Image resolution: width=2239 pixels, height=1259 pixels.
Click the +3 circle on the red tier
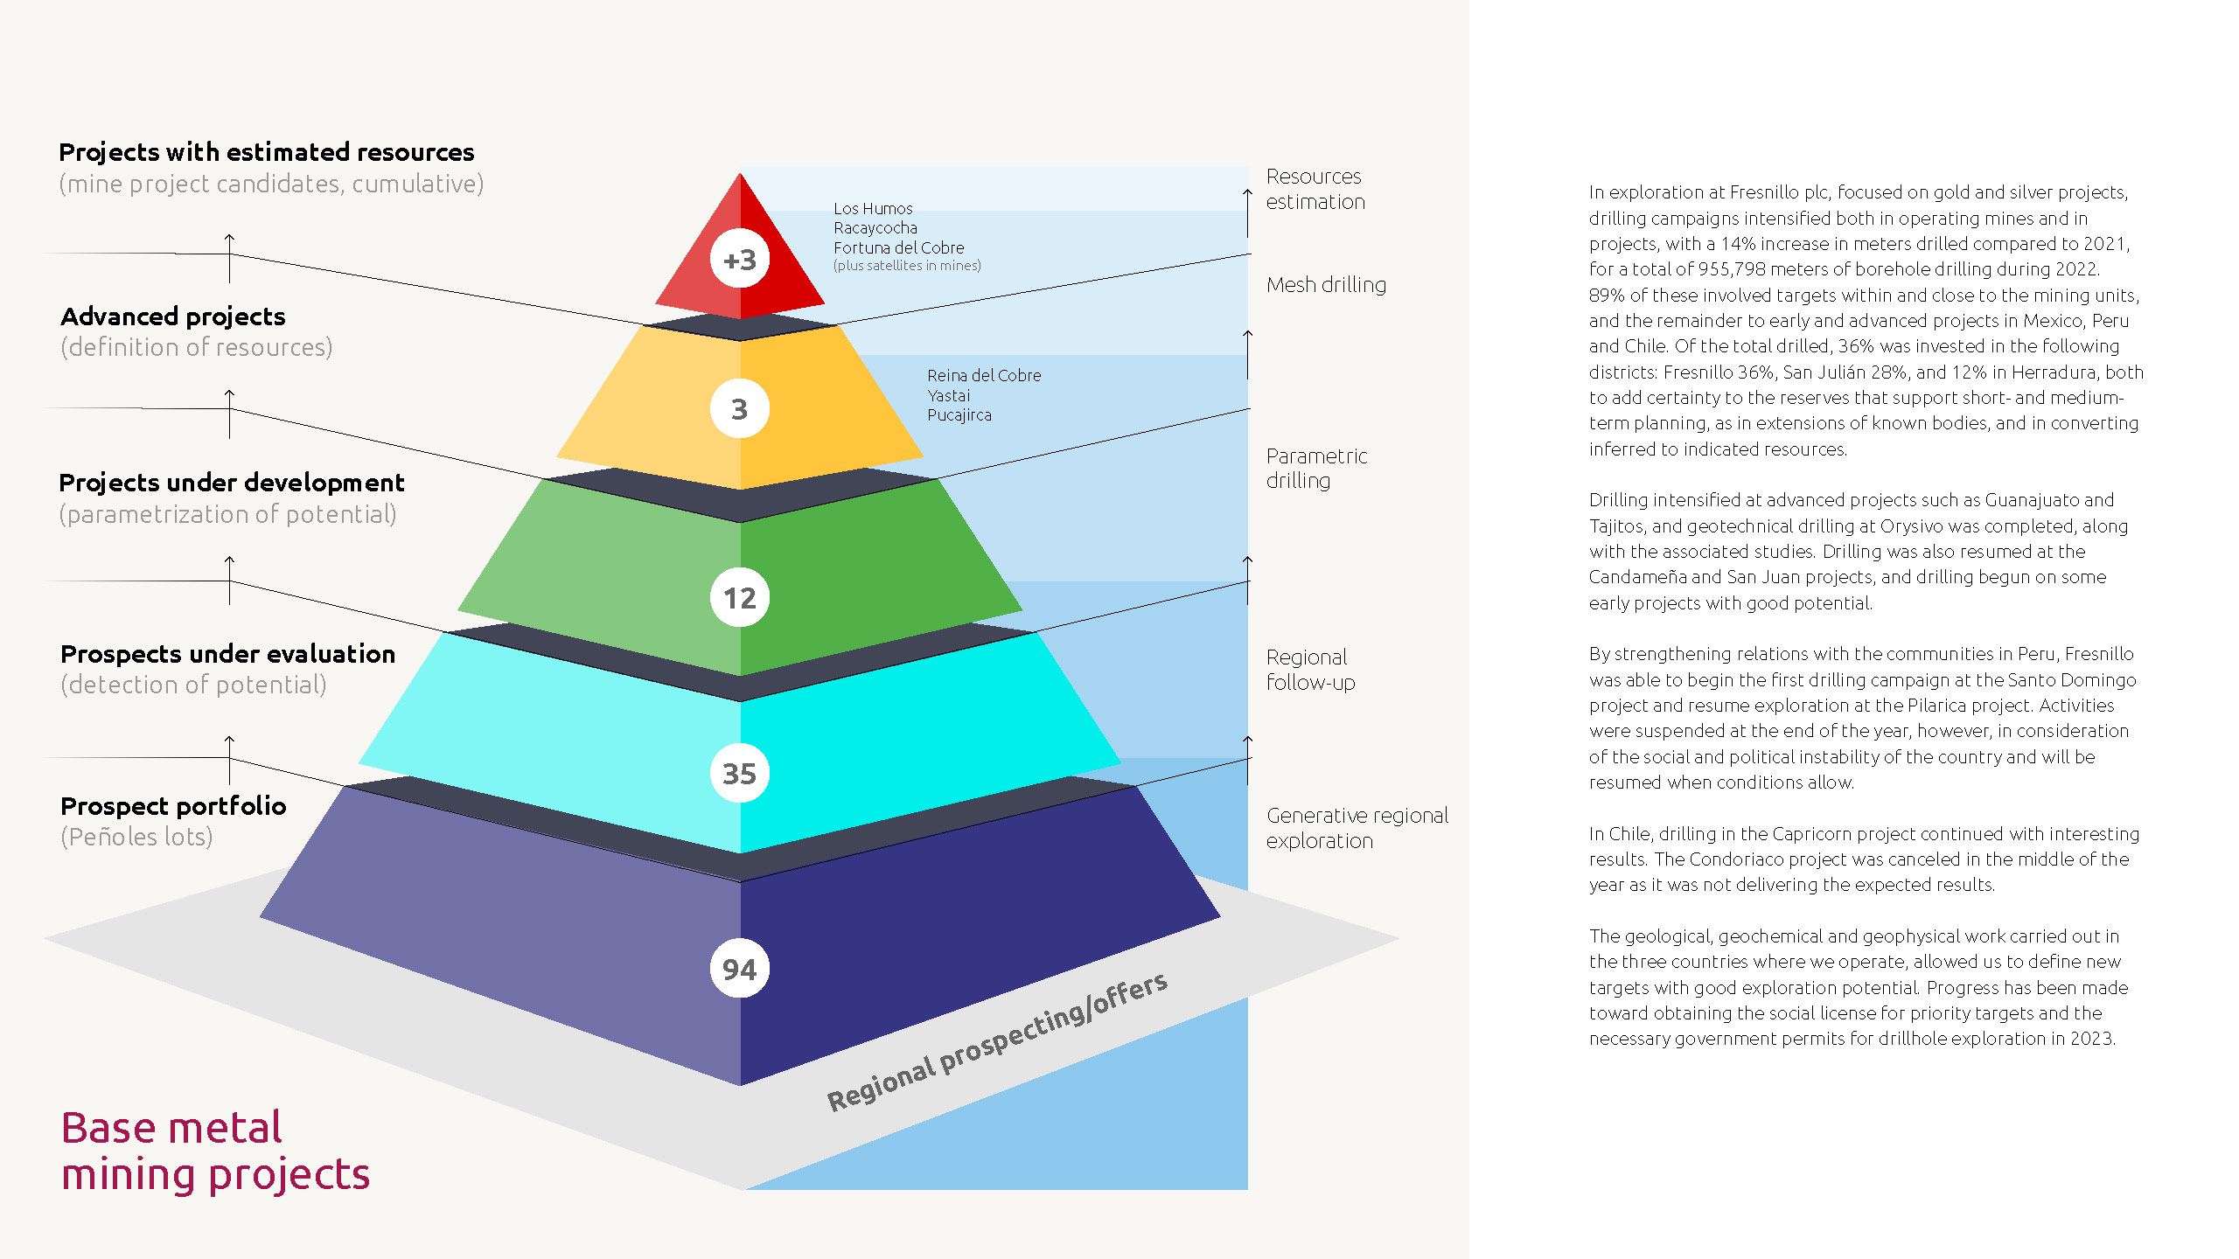(x=739, y=260)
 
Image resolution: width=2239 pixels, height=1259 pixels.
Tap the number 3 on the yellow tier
(x=739, y=409)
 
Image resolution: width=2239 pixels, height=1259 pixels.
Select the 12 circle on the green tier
(x=739, y=598)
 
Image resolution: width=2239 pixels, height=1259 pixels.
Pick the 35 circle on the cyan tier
(x=739, y=774)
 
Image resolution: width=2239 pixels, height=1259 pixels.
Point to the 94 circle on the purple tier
(x=739, y=969)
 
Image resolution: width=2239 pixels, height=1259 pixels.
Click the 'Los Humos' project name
(x=873, y=209)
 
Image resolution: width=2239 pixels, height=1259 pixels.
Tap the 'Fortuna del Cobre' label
(x=898, y=247)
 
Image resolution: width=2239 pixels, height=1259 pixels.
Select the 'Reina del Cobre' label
(x=984, y=375)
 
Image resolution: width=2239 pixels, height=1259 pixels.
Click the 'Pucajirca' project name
(x=959, y=415)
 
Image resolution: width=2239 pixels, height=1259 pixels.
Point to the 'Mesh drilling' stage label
(x=1326, y=285)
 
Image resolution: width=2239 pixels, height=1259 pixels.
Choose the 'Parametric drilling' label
(x=1316, y=468)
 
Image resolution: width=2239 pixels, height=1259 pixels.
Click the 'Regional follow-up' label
(x=1310, y=670)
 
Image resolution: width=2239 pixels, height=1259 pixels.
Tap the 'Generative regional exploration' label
(x=1357, y=828)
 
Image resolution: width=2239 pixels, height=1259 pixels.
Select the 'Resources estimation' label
(x=1315, y=189)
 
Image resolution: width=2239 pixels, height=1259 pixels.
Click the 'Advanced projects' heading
(x=173, y=316)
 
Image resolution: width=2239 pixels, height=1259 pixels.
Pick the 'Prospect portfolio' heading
(x=173, y=806)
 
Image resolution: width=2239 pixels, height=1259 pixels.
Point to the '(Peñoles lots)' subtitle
(x=136, y=838)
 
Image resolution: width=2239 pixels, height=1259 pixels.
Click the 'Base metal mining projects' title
(x=215, y=1151)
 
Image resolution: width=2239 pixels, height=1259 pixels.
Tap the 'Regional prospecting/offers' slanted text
(x=997, y=1041)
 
